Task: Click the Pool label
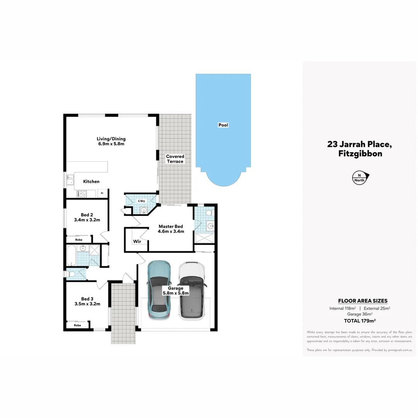coord(223,125)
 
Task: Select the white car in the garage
coord(192,290)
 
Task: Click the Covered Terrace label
coord(175,159)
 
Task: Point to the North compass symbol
coord(360,178)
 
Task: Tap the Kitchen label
coord(91,182)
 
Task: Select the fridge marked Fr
coord(102,193)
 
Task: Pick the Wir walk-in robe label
coord(137,242)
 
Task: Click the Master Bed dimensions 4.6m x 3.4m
coord(171,231)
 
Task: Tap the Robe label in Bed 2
coord(79,240)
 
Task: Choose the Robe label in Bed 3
coord(77,325)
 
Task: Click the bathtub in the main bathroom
coord(71,255)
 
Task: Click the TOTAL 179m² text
coord(360,321)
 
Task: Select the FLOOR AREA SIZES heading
coord(363,301)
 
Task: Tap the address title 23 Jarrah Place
coord(360,144)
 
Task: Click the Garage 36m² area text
coord(360,315)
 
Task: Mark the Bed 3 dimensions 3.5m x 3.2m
coord(87,304)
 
